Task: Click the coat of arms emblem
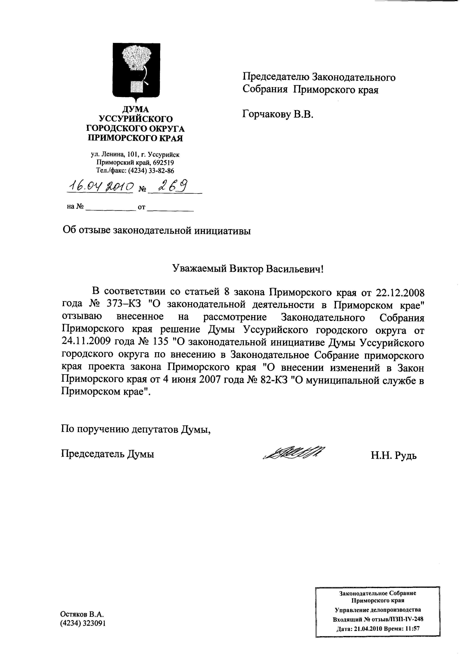pos(136,71)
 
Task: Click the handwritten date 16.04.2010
pos(100,186)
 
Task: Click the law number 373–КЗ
pos(124,304)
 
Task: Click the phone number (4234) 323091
pos(83,623)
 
